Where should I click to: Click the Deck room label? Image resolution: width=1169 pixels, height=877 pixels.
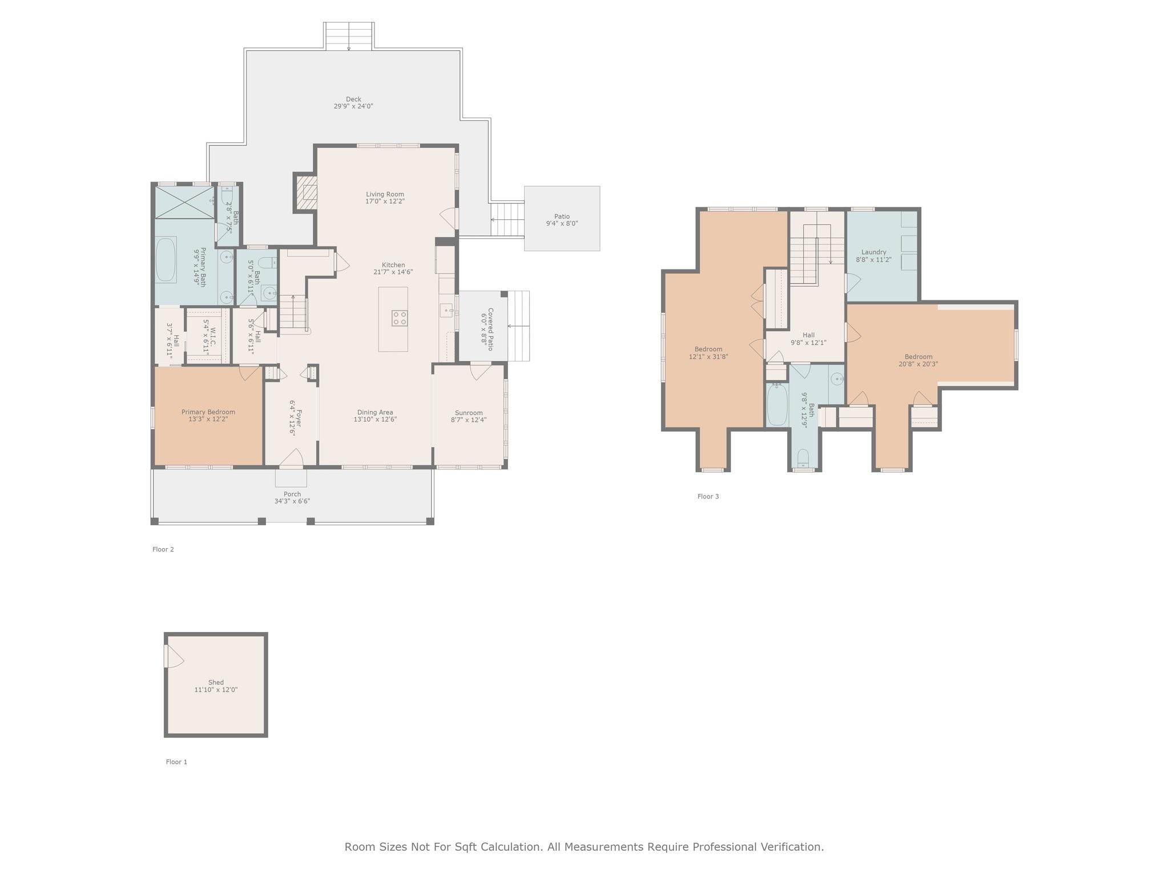[353, 99]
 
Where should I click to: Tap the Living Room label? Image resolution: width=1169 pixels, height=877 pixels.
[385, 194]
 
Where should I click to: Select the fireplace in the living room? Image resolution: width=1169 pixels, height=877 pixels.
[305, 192]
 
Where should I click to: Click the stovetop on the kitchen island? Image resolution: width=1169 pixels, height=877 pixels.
[400, 318]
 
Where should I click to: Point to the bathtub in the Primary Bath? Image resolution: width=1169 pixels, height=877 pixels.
[166, 260]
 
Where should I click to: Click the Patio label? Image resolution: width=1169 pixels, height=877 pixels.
[562, 216]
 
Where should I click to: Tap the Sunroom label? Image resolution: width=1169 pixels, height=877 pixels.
[469, 413]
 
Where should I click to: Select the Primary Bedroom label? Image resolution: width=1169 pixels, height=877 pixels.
[208, 412]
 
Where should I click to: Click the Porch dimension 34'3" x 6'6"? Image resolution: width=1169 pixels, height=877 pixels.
[292, 501]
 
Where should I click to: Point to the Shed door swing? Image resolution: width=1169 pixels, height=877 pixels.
[174, 656]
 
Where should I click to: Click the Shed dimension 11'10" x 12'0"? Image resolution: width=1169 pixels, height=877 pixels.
[216, 690]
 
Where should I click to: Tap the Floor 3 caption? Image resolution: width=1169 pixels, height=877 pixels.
[708, 496]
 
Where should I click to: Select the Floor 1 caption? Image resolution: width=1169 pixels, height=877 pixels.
[176, 762]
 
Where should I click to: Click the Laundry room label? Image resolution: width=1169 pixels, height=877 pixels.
[873, 252]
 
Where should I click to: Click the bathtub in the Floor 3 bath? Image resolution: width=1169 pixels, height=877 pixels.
[776, 404]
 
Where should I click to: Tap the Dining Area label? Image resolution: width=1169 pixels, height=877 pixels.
[375, 412]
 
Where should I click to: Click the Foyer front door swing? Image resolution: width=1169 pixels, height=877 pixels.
[292, 458]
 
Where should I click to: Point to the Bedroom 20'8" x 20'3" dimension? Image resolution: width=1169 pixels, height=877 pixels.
[918, 364]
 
